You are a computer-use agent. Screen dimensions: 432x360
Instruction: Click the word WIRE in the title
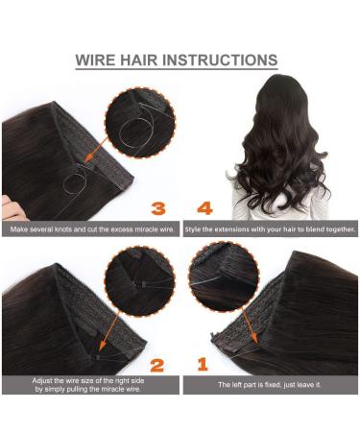click(x=99, y=60)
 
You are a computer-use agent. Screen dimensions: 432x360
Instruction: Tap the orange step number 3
click(x=158, y=207)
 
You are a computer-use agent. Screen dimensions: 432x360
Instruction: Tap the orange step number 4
click(x=204, y=207)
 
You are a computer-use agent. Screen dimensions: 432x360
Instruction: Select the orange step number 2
click(x=158, y=365)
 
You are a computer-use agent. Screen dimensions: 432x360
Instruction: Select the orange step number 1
click(x=203, y=365)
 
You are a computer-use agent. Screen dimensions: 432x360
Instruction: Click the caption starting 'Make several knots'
click(x=89, y=230)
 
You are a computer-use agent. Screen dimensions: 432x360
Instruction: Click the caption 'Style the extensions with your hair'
click(x=270, y=230)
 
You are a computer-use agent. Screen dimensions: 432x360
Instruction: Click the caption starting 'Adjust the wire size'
click(x=89, y=387)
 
